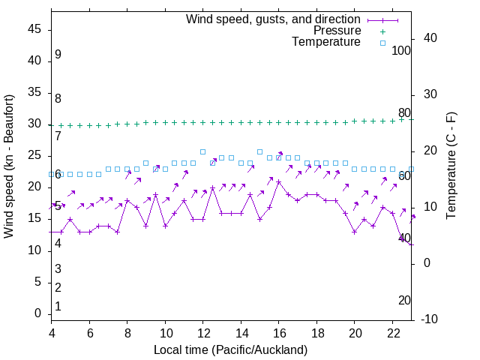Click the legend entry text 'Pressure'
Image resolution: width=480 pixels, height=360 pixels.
[x=337, y=31]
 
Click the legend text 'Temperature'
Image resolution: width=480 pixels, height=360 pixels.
[x=326, y=43]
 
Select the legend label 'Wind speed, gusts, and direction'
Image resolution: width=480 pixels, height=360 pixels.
[x=274, y=19]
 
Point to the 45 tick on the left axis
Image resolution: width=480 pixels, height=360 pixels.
[x=35, y=29]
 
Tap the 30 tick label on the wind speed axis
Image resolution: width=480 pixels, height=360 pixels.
[x=35, y=124]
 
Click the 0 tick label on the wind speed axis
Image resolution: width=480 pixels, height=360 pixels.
[x=39, y=313]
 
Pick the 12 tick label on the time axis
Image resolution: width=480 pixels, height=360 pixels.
[x=203, y=334]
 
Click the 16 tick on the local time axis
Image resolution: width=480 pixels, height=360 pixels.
[x=279, y=334]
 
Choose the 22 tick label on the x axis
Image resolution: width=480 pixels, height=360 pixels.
[x=392, y=334]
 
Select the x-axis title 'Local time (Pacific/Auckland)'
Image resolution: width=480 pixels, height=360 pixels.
[x=230, y=349]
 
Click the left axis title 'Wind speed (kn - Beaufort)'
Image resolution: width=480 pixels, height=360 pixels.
[x=9, y=166]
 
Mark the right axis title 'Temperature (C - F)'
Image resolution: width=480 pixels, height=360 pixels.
[x=451, y=166]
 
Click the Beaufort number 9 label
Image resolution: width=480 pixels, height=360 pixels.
[x=58, y=55]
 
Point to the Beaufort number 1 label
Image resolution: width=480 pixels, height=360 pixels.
[x=58, y=306]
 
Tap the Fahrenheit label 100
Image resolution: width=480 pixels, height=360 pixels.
[x=401, y=51]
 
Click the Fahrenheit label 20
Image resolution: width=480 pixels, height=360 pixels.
[x=404, y=300]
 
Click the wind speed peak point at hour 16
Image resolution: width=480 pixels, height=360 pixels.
[x=279, y=181]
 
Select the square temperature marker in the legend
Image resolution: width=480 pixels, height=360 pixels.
[x=382, y=43]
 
